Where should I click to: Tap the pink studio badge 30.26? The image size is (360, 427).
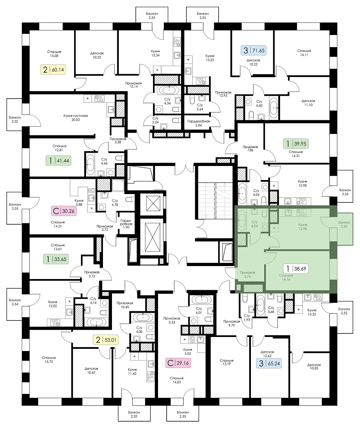(x=64, y=211)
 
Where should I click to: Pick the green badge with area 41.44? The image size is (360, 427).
(x=58, y=161)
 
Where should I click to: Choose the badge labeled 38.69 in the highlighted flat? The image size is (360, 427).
(x=296, y=269)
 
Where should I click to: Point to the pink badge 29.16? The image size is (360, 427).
(x=178, y=363)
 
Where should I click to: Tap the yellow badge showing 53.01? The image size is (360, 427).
(x=106, y=340)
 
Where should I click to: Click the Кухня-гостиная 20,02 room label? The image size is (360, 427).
(x=76, y=118)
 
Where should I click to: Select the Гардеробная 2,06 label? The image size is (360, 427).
(x=198, y=123)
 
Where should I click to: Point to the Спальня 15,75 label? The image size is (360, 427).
(x=49, y=360)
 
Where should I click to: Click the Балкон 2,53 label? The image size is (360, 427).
(x=345, y=192)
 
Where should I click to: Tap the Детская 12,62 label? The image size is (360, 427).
(x=267, y=354)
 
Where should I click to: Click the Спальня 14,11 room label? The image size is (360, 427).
(x=304, y=53)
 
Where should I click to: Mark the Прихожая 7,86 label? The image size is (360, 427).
(x=250, y=148)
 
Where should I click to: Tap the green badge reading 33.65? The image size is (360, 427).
(x=56, y=259)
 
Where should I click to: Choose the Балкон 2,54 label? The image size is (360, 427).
(x=15, y=302)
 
